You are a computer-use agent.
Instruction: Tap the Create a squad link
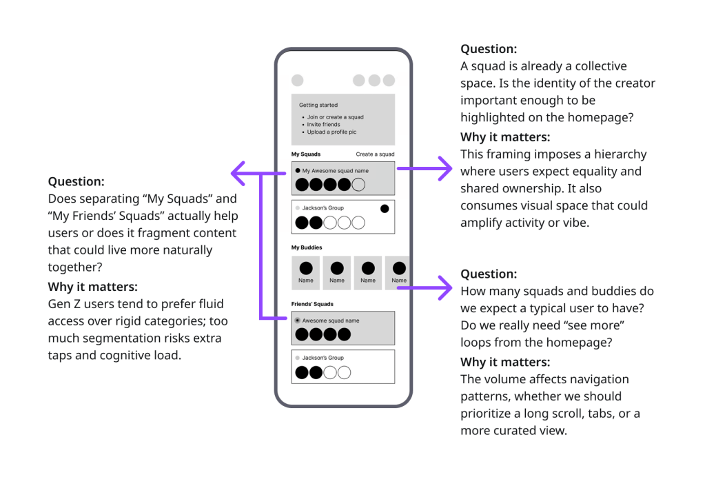pyautogui.click(x=375, y=154)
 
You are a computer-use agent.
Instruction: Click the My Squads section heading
pyautogui.click(x=306, y=154)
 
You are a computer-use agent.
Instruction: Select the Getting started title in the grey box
pyautogui.click(x=318, y=105)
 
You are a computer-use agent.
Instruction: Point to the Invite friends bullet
pyautogui.click(x=323, y=125)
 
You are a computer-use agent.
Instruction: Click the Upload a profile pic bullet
pyautogui.click(x=331, y=132)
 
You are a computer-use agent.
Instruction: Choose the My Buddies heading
pyautogui.click(x=307, y=247)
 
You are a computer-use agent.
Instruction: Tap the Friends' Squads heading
pyautogui.click(x=312, y=304)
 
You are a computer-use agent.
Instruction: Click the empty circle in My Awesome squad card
pyautogui.click(x=358, y=184)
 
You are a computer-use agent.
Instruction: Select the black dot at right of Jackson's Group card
pyautogui.click(x=385, y=209)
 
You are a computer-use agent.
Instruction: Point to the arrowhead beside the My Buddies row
pyautogui.click(x=445, y=287)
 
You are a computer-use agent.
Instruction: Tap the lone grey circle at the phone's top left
pyautogui.click(x=297, y=81)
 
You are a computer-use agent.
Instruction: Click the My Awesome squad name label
pyautogui.click(x=336, y=171)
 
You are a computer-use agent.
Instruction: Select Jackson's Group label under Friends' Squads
pyautogui.click(x=323, y=358)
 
